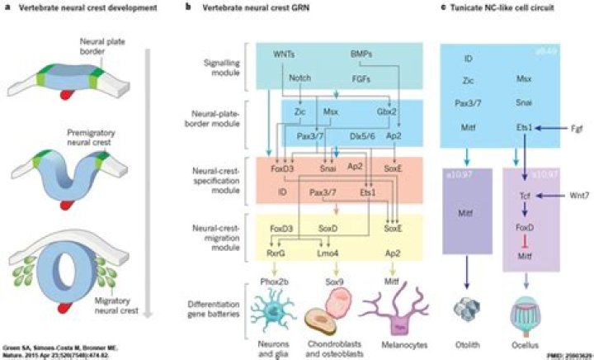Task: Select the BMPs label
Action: (x=362, y=54)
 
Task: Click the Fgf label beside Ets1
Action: (x=576, y=129)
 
